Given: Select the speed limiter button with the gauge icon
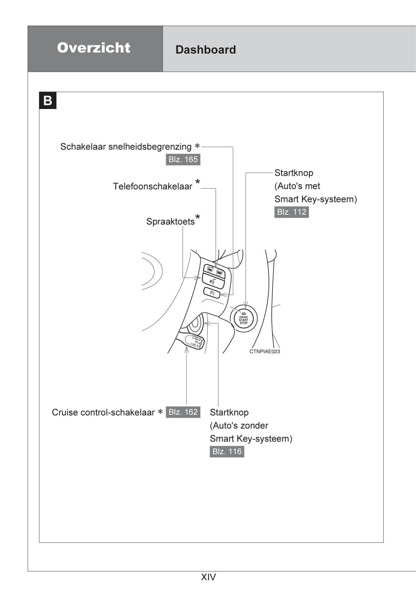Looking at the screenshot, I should [212, 293].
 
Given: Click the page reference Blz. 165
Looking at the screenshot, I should [183, 160].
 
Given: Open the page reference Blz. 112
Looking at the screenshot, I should [291, 212].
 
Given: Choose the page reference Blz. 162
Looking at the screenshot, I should [183, 412].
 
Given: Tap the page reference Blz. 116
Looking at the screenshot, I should [227, 452].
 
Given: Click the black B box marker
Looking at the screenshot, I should [48, 101].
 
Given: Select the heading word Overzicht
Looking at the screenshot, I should [94, 48].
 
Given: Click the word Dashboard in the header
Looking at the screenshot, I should [205, 50].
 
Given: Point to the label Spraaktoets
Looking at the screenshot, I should [170, 222].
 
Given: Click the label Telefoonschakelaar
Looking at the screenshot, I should [152, 187].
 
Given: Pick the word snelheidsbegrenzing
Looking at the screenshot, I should [150, 147].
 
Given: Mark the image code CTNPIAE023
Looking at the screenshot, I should [264, 351].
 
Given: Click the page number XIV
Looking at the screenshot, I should [208, 577].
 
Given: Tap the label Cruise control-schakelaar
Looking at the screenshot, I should [103, 413].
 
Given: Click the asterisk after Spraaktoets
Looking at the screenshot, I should [197, 218].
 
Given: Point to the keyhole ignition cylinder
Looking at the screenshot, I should [195, 323].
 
